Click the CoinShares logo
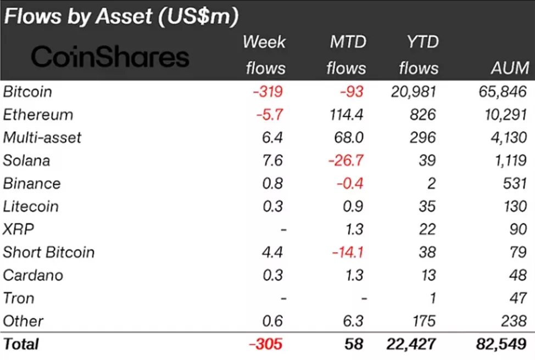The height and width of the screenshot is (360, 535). tap(110, 57)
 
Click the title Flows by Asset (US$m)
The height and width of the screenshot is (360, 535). tap(121, 16)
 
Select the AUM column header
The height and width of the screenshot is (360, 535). tap(510, 68)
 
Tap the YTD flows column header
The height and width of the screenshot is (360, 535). tap(419, 55)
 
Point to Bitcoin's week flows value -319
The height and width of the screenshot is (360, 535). tap(267, 91)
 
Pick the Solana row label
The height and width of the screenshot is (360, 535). tap(26, 160)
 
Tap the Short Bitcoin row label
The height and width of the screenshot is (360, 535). tap(49, 252)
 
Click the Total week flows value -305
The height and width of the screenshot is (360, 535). tap(265, 344)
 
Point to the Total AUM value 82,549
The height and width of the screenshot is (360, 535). tap(499, 344)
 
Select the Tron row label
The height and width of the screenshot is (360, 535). tap(19, 299)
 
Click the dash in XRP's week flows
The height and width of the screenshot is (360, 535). tap(283, 230)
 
